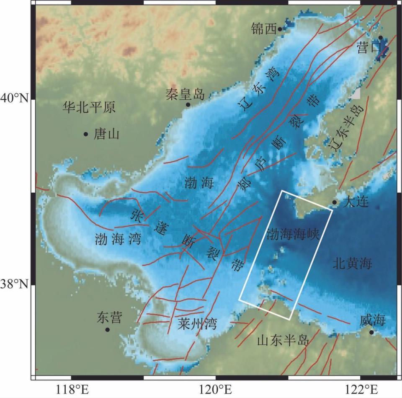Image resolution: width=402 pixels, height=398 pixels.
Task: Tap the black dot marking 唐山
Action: tap(86, 134)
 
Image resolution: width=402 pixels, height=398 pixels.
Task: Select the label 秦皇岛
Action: tap(185, 94)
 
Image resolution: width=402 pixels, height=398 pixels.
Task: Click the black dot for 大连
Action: tap(334, 202)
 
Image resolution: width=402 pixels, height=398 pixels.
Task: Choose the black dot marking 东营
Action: tap(107, 330)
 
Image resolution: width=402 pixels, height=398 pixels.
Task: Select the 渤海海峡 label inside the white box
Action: tap(293, 234)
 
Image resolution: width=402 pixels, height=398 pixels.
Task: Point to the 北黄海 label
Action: tap(353, 263)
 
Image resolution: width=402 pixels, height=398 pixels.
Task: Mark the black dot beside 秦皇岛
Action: tap(188, 104)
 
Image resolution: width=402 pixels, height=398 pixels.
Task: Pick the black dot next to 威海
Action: tap(371, 332)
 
